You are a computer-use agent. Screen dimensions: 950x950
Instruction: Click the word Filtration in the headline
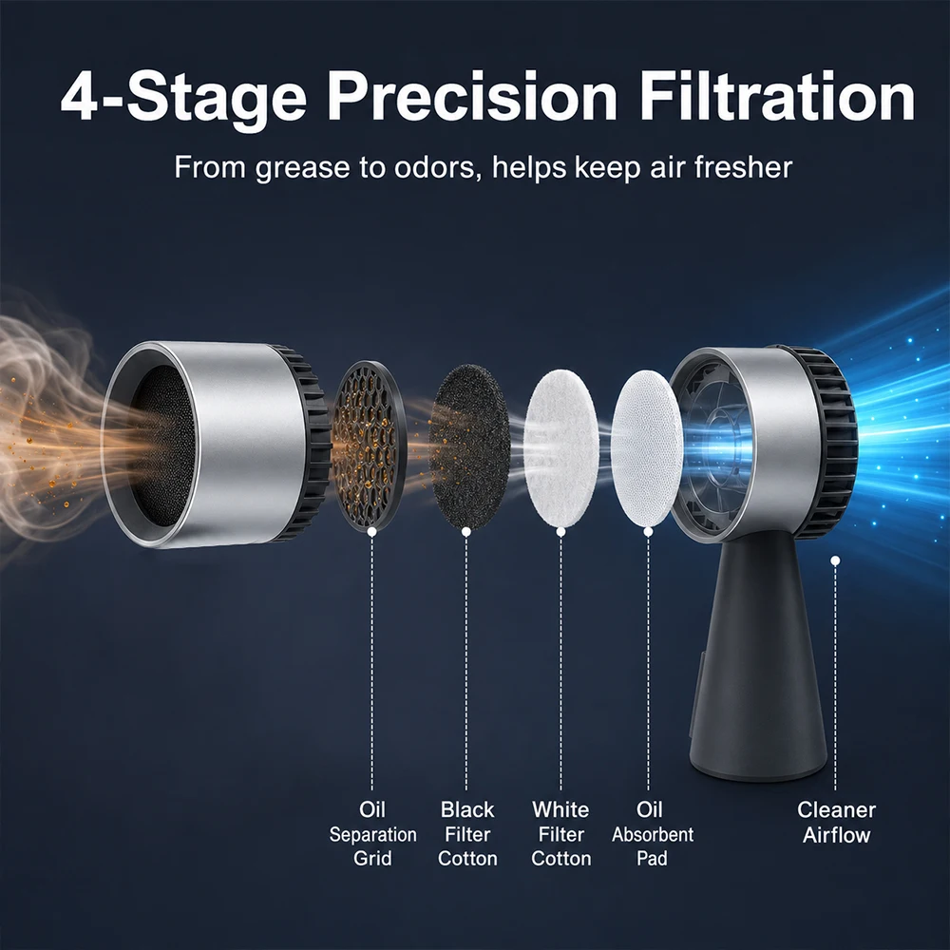(777, 97)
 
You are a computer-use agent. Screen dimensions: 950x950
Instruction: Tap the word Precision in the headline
(472, 97)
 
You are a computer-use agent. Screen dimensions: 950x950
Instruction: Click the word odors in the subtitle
(434, 167)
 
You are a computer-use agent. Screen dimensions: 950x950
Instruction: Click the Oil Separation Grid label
(372, 834)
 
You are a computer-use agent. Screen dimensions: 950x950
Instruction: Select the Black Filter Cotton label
(467, 834)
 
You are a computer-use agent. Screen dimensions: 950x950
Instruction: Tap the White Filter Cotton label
(561, 834)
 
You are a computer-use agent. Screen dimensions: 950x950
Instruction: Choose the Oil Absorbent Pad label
(653, 834)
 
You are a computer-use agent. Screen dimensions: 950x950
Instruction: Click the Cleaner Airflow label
(836, 822)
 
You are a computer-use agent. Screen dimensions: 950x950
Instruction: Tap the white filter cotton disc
(561, 448)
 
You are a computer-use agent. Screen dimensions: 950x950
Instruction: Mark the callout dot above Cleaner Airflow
(835, 560)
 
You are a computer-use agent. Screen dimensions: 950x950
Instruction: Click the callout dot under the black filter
(465, 531)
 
